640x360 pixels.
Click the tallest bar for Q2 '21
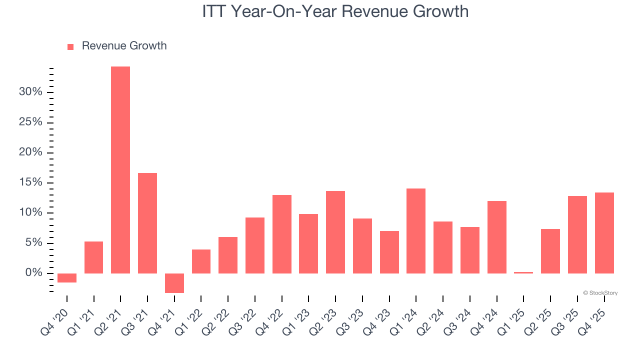click(120, 170)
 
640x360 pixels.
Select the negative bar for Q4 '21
click(174, 283)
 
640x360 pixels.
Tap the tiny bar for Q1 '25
click(523, 272)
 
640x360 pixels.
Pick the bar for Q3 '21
click(147, 223)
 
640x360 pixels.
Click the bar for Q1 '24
click(416, 231)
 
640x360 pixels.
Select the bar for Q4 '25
click(604, 233)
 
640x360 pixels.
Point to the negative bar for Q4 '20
click(67, 278)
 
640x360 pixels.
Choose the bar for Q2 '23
click(335, 232)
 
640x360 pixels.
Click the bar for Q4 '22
click(282, 234)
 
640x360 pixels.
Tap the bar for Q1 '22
click(201, 261)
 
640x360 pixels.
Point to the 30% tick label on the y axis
click(30, 92)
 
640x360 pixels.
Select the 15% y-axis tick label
click(30, 182)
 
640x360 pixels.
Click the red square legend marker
click(70, 46)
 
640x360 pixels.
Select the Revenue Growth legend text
click(124, 46)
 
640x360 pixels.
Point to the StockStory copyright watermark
click(600, 293)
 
